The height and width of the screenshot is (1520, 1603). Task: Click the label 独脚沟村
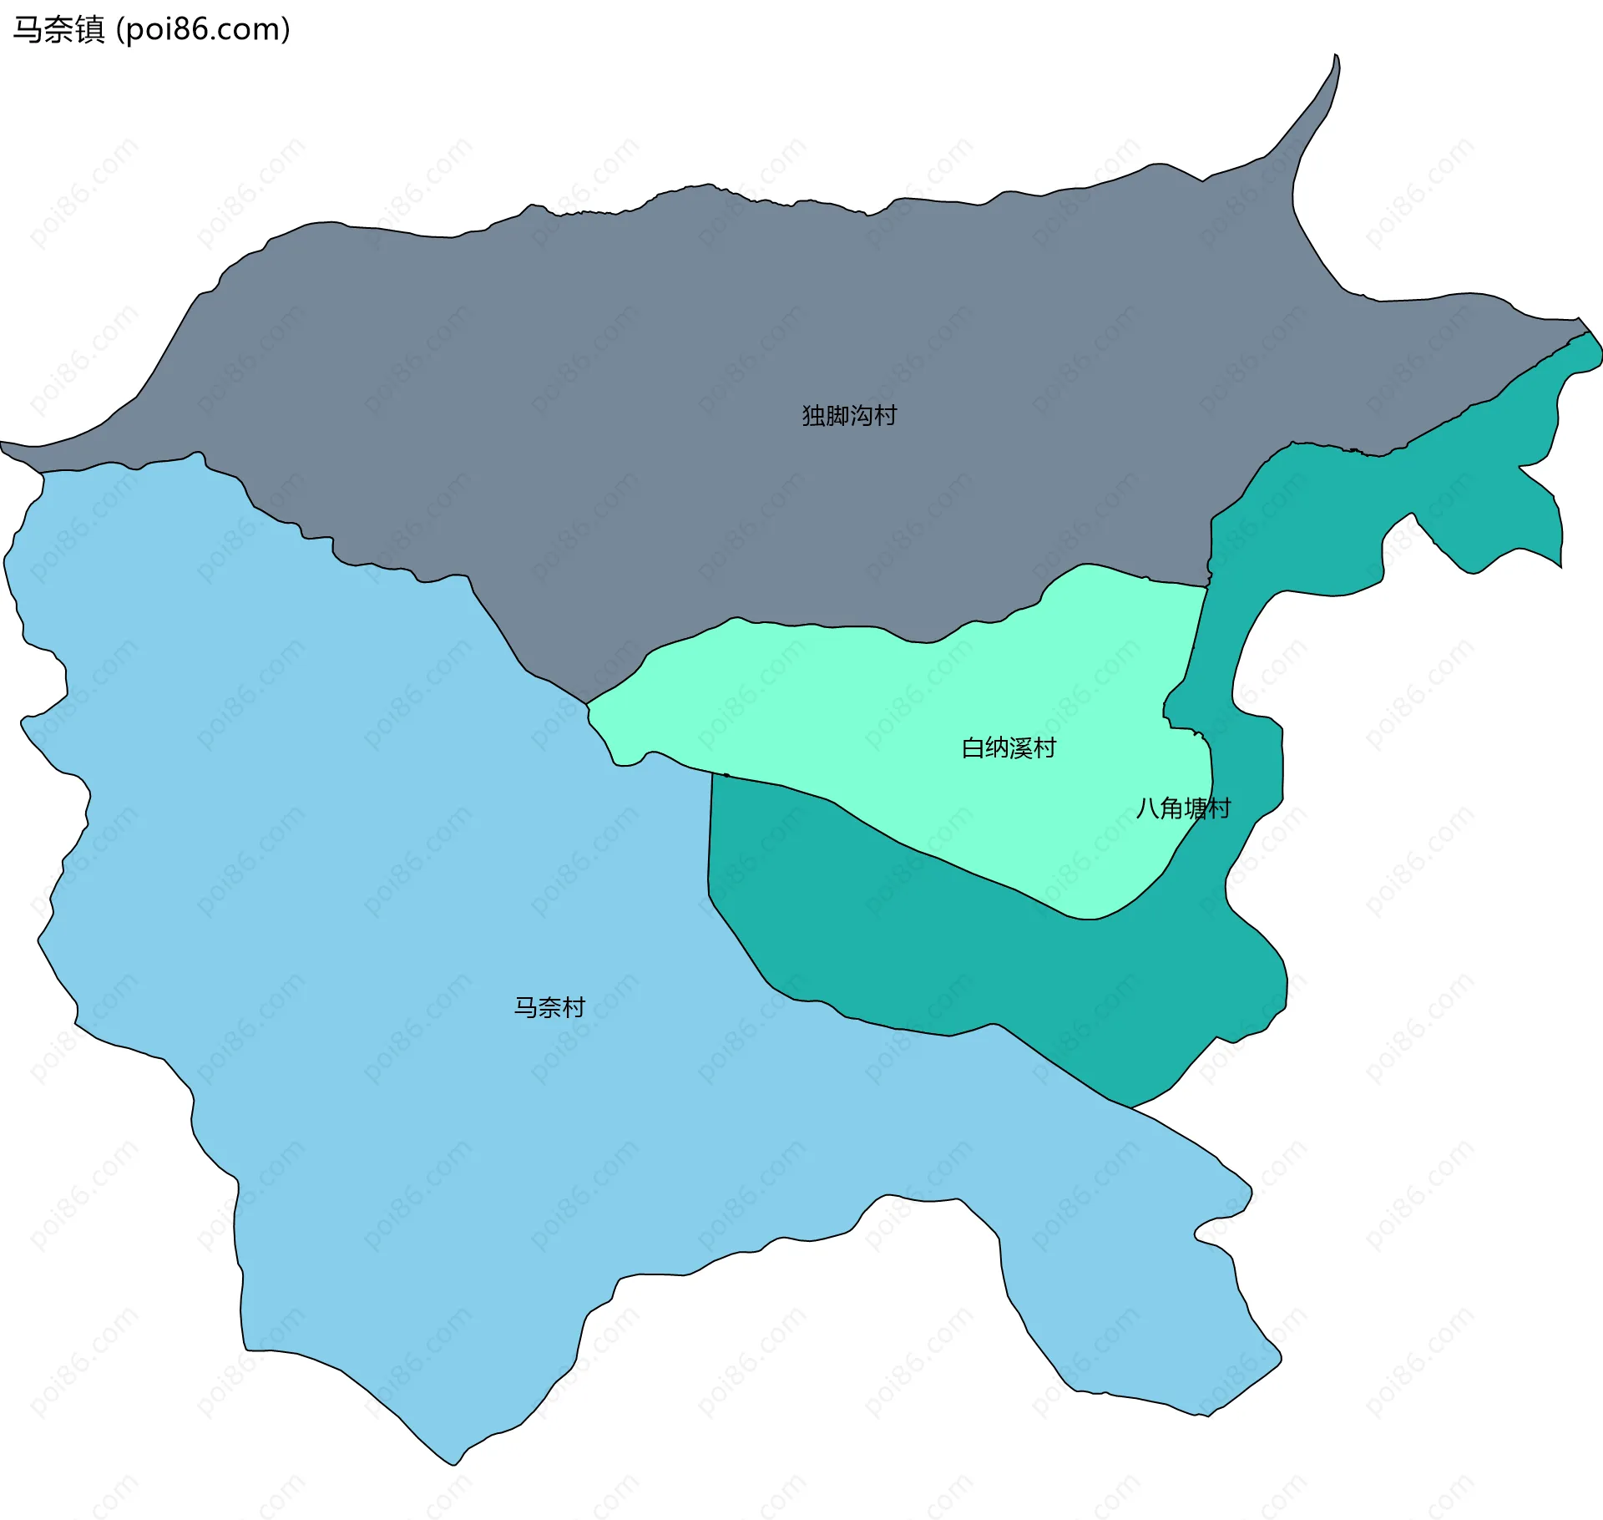pyautogui.click(x=849, y=415)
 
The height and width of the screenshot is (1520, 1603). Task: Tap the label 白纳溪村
pyautogui.click(x=1009, y=747)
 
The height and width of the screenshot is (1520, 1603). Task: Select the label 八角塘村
pyautogui.click(x=1183, y=808)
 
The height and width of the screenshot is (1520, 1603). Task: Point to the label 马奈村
pyautogui.click(x=549, y=1007)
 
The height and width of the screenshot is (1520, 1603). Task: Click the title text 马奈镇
pyautogui.click(x=58, y=29)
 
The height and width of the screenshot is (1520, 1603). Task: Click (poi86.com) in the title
pyautogui.click(x=203, y=29)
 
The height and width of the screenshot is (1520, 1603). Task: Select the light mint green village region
pyautogui.click(x=877, y=718)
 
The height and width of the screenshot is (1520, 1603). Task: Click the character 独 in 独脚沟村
pyautogui.click(x=813, y=415)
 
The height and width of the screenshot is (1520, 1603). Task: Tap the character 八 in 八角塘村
pyautogui.click(x=1147, y=808)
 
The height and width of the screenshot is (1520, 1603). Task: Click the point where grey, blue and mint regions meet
pyautogui.click(x=587, y=704)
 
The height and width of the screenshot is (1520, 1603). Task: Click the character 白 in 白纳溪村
pyautogui.click(x=973, y=747)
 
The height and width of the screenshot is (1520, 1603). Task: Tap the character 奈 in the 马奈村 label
pyautogui.click(x=549, y=1007)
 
